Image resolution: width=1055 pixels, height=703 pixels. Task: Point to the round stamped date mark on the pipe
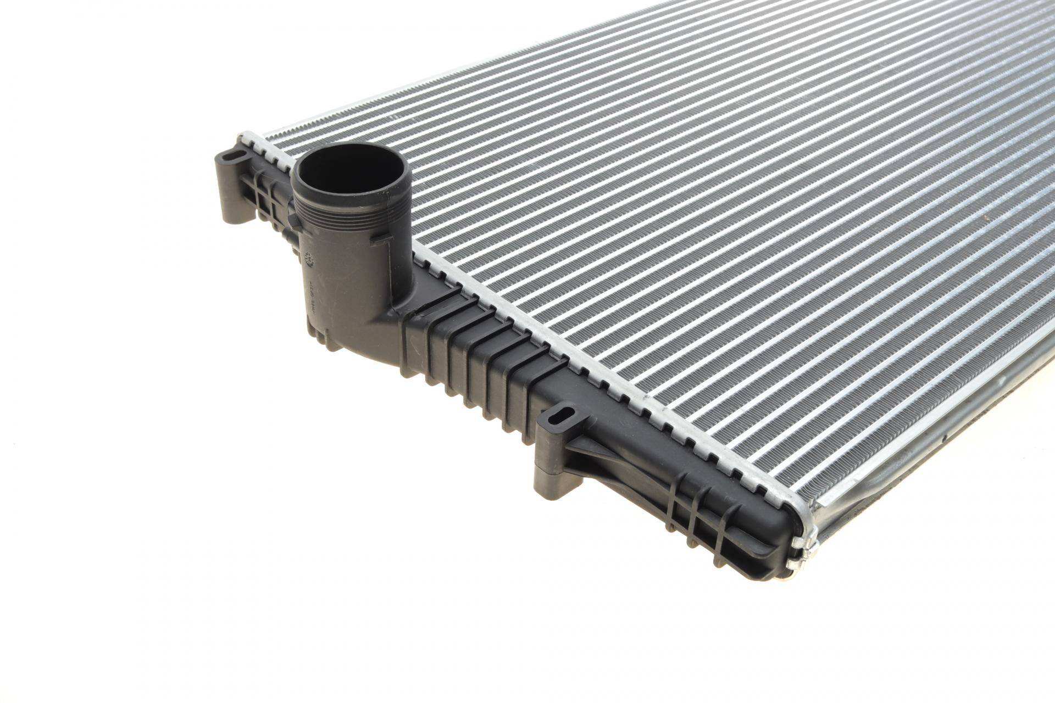(x=308, y=258)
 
